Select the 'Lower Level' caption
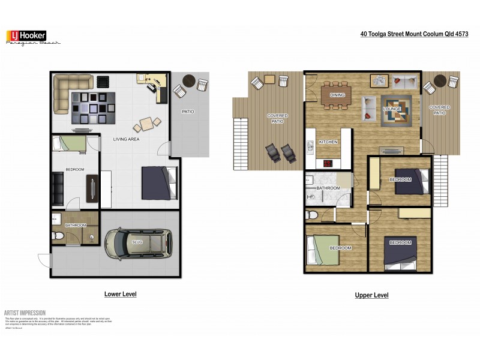tap(121, 294)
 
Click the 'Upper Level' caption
tap(372, 295)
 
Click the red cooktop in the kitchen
tap(328, 163)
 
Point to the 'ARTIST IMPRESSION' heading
tap(25, 313)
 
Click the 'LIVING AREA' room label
tap(126, 139)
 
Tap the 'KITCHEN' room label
tap(328, 142)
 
